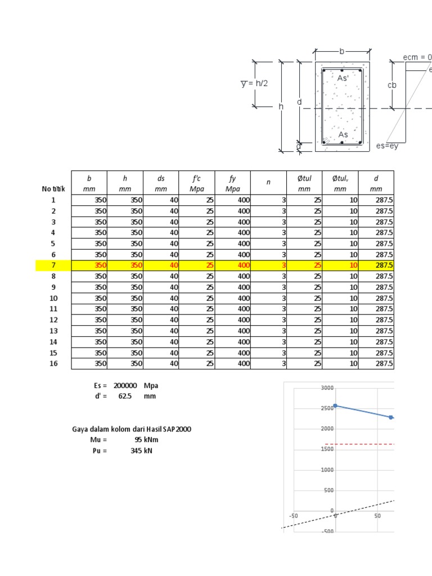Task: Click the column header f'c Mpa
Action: pyautogui.click(x=197, y=183)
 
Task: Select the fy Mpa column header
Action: pyautogui.click(x=233, y=183)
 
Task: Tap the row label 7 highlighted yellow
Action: pyautogui.click(x=53, y=265)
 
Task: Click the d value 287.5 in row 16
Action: pyautogui.click(x=384, y=363)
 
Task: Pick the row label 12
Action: pyautogui.click(x=53, y=319)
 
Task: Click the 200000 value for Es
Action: pyautogui.click(x=125, y=386)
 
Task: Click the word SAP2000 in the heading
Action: pyautogui.click(x=175, y=429)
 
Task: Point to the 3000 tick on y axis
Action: pyautogui.click(x=327, y=388)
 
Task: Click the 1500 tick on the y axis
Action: pyautogui.click(x=327, y=449)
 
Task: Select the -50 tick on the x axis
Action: pyautogui.click(x=293, y=515)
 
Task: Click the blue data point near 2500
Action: pyautogui.click(x=335, y=406)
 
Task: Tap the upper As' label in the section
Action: pyautogui.click(x=343, y=79)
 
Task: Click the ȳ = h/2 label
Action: pyautogui.click(x=254, y=83)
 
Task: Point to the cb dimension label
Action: pyautogui.click(x=392, y=85)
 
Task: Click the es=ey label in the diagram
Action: pyautogui.click(x=387, y=146)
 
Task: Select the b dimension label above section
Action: pyautogui.click(x=341, y=51)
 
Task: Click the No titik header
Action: pyautogui.click(x=53, y=189)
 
